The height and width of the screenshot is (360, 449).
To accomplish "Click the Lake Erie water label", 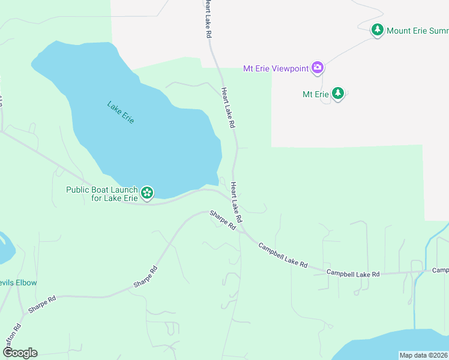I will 120,112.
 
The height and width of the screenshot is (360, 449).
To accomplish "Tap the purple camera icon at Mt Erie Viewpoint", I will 318,68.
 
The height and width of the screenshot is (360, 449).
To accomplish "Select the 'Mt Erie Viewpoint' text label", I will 276,68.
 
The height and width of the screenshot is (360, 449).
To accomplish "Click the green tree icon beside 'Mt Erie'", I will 338,94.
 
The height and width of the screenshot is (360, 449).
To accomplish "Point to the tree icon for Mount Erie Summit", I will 377,30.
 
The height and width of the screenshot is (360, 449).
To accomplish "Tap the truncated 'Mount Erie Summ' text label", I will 417,30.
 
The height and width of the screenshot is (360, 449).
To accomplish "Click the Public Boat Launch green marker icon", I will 147,193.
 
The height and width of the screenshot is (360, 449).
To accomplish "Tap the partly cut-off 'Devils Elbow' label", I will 19,283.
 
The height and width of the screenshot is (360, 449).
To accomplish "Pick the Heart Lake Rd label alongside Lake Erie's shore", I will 227,108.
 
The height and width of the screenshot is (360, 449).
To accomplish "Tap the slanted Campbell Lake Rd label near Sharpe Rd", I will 283,255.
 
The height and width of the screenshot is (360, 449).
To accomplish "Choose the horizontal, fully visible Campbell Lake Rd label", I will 353,273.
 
